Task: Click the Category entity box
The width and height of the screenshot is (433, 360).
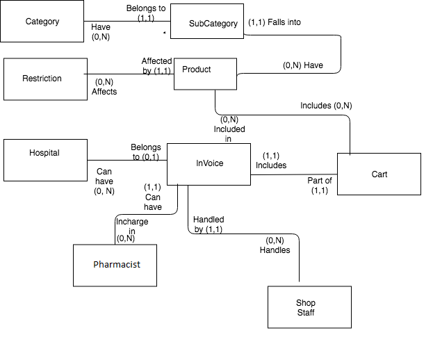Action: point(42,22)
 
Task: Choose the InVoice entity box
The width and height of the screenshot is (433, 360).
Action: point(209,164)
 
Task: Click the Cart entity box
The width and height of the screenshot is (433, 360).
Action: point(379,174)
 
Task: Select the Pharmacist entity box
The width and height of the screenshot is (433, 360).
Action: point(115,265)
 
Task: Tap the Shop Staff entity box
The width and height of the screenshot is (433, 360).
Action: point(305,308)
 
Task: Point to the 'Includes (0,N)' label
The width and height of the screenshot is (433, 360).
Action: point(326,106)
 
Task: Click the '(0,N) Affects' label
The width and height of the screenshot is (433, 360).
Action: point(104,87)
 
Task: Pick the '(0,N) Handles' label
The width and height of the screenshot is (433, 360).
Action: point(275,245)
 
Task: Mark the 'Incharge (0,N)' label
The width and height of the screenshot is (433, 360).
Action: point(131,230)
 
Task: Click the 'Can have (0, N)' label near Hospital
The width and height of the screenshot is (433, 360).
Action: point(104,181)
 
